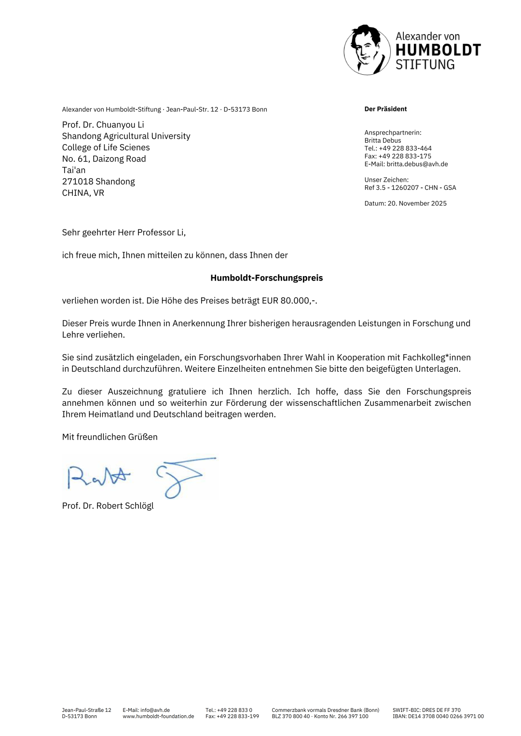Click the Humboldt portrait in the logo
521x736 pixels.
[x=367, y=50]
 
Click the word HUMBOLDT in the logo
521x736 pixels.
[x=438, y=50]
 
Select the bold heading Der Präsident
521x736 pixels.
[x=385, y=109]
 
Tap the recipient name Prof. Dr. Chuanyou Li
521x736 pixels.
[x=103, y=125]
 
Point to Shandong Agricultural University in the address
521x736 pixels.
[x=126, y=136]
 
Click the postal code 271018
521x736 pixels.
[x=78, y=182]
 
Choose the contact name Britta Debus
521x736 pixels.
[x=383, y=141]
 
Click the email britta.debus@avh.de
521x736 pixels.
[x=417, y=164]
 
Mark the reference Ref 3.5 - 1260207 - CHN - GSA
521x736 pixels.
[x=410, y=187]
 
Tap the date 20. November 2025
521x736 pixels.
[x=417, y=203]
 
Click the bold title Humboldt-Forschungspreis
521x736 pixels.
[x=266, y=278]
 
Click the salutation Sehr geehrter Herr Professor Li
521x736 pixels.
[x=123, y=232]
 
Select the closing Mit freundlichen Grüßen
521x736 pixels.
[x=110, y=437]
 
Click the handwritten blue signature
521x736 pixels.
[x=140, y=476]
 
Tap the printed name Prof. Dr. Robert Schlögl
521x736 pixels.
[x=108, y=506]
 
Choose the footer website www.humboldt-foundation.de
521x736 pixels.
[x=158, y=716]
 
